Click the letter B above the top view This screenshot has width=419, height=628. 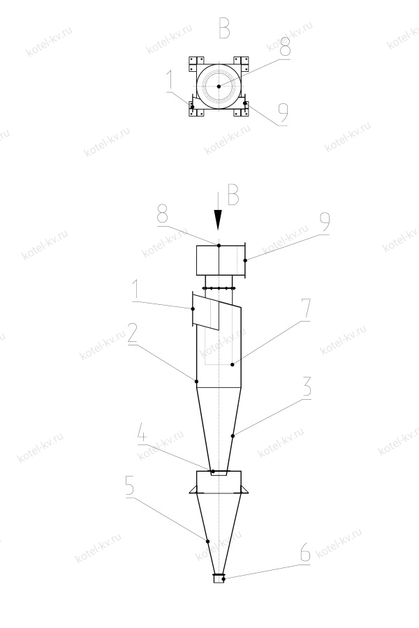225,27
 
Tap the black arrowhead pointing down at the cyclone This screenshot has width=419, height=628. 218,220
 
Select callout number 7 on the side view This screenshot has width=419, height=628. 306,308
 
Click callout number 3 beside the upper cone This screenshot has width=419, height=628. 307,386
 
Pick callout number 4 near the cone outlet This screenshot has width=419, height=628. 142,433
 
